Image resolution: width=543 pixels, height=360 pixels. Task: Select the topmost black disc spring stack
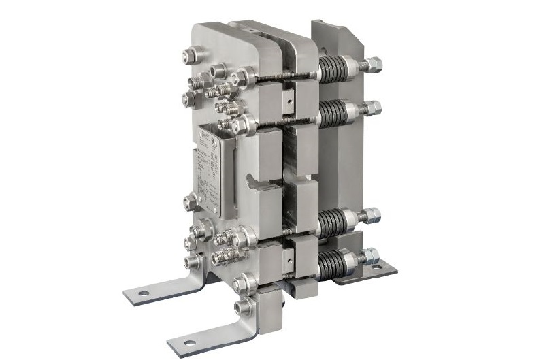tap(333, 69)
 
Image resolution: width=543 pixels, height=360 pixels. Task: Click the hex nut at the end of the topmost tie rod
tap(373, 65)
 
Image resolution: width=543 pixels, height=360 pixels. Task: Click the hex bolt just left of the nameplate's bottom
tap(191, 201)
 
